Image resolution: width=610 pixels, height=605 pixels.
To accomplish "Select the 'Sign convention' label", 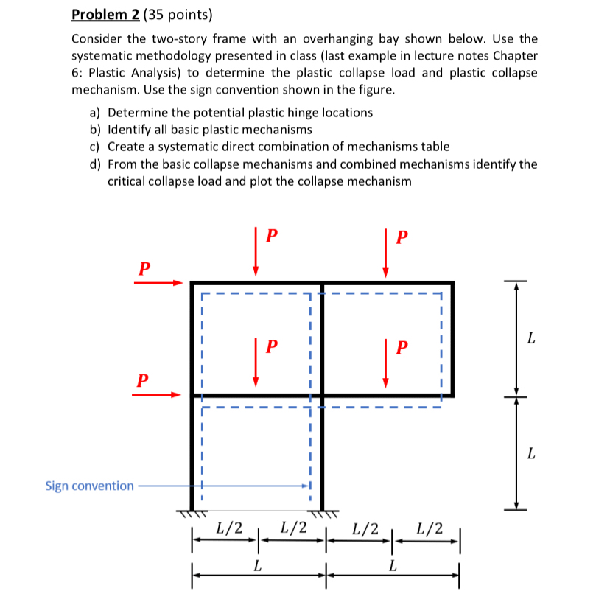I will [x=89, y=486].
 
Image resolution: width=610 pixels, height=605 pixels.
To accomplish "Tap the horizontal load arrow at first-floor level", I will [x=156, y=394].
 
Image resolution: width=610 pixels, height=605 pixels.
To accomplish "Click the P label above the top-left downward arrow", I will [x=271, y=237].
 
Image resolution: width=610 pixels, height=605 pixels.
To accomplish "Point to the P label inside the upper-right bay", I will [x=401, y=346].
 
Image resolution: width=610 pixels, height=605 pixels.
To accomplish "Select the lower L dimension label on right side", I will [x=530, y=453].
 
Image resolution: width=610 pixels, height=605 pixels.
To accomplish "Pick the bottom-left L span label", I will [x=256, y=566].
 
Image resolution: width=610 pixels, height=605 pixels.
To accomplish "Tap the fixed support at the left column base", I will [x=193, y=511].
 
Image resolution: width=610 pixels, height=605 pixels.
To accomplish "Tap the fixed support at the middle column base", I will [x=323, y=511].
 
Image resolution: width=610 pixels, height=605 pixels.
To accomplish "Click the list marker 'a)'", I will [x=95, y=113].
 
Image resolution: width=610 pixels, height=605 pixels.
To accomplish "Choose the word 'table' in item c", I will [x=433, y=147].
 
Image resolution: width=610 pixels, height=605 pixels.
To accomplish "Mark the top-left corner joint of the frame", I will [x=193, y=283].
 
